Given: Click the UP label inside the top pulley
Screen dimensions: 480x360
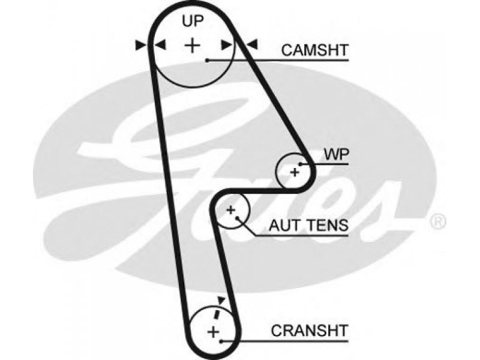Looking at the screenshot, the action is click(193, 21).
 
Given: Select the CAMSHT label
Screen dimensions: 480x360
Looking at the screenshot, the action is click(315, 50).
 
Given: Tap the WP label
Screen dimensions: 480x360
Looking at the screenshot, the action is click(337, 155).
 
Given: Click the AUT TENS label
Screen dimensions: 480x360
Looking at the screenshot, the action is click(308, 226).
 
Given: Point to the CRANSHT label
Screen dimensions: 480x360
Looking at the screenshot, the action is click(310, 331).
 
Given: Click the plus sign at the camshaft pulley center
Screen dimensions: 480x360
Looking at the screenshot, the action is click(192, 46).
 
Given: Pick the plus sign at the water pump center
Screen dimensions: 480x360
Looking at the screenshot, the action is click(295, 172).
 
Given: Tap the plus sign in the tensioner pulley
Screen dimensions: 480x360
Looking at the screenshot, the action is click(231, 210).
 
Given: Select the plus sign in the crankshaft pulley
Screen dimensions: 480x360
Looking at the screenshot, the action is click(214, 332).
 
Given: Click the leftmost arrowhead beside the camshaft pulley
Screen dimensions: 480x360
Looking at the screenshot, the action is click(140, 46).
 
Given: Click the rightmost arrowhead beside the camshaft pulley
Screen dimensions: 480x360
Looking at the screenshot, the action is click(253, 44).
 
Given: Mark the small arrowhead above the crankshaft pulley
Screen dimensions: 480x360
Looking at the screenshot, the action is click(221, 299).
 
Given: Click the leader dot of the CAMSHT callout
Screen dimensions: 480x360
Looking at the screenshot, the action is click(207, 61).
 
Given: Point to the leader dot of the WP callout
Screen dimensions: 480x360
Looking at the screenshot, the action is click(301, 164).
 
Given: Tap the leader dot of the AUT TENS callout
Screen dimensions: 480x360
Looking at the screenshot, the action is click(238, 218).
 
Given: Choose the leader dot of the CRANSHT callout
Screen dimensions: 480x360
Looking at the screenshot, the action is click(221, 341).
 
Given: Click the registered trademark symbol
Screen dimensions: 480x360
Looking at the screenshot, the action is click(438, 221).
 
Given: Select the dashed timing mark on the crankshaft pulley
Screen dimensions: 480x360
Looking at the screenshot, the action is click(217, 314).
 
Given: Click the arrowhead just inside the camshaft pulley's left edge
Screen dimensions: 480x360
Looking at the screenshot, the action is click(160, 44).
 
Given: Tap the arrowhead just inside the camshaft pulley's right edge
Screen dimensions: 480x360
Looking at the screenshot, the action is click(227, 44).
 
